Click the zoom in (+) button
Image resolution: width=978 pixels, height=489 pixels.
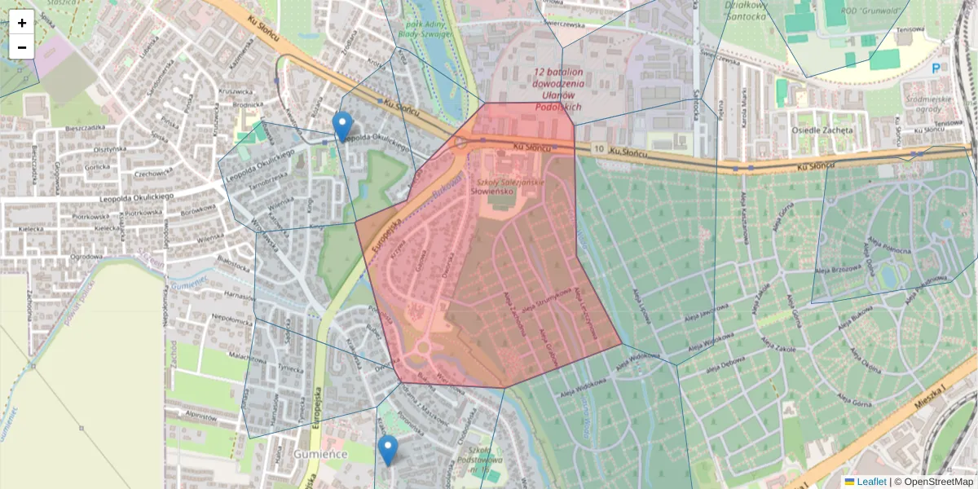pos(22,23)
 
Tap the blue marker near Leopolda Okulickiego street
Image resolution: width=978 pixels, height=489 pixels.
pos(343,126)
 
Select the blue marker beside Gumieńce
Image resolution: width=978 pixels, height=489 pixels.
pos(388,449)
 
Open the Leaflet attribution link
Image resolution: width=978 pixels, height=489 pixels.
pos(871,482)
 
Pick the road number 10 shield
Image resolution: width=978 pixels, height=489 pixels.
pos(599,149)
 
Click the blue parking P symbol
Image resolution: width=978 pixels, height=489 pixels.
pos(936,70)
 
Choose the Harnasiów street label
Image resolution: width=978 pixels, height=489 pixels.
pos(239,294)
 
